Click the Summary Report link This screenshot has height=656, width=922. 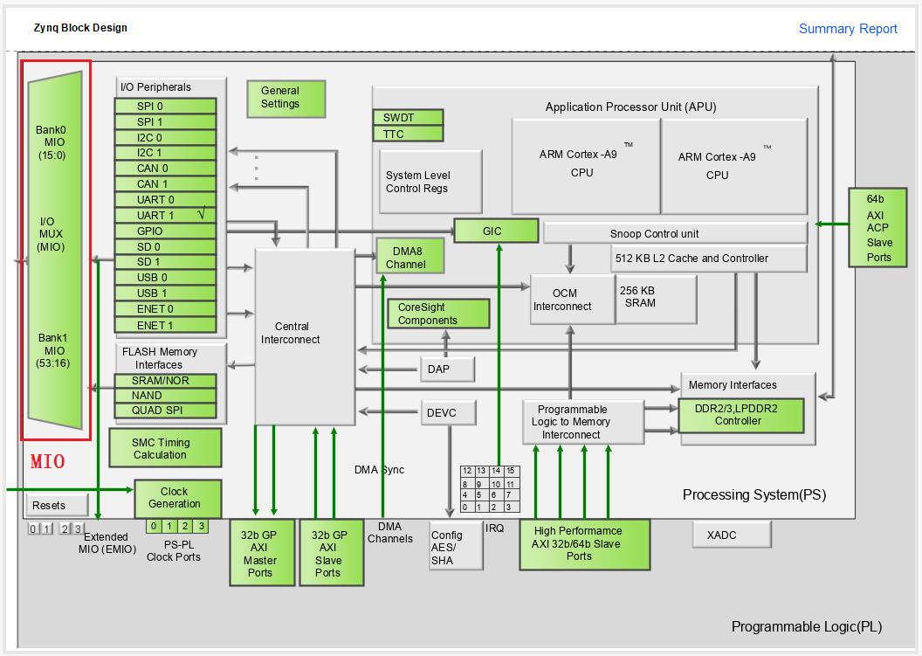[x=848, y=29]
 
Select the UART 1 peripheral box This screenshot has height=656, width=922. [x=165, y=215]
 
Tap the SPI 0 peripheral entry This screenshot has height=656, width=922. [x=165, y=106]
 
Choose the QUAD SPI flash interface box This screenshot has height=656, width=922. [x=165, y=411]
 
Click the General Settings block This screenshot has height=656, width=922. [x=286, y=98]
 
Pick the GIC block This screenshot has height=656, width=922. [x=495, y=231]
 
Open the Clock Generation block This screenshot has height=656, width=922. [x=177, y=498]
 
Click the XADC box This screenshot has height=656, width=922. [x=732, y=535]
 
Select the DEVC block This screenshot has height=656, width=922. [x=450, y=412]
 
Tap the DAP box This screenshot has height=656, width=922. [x=448, y=369]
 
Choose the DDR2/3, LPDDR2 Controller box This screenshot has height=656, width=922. [x=740, y=415]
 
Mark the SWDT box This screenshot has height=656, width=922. [x=408, y=118]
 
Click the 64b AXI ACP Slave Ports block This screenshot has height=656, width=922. [x=878, y=227]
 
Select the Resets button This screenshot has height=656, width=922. [x=58, y=505]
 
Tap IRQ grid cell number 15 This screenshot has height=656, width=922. [x=511, y=471]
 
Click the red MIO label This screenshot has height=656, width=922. [x=48, y=462]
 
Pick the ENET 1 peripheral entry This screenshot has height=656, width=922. [x=165, y=325]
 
